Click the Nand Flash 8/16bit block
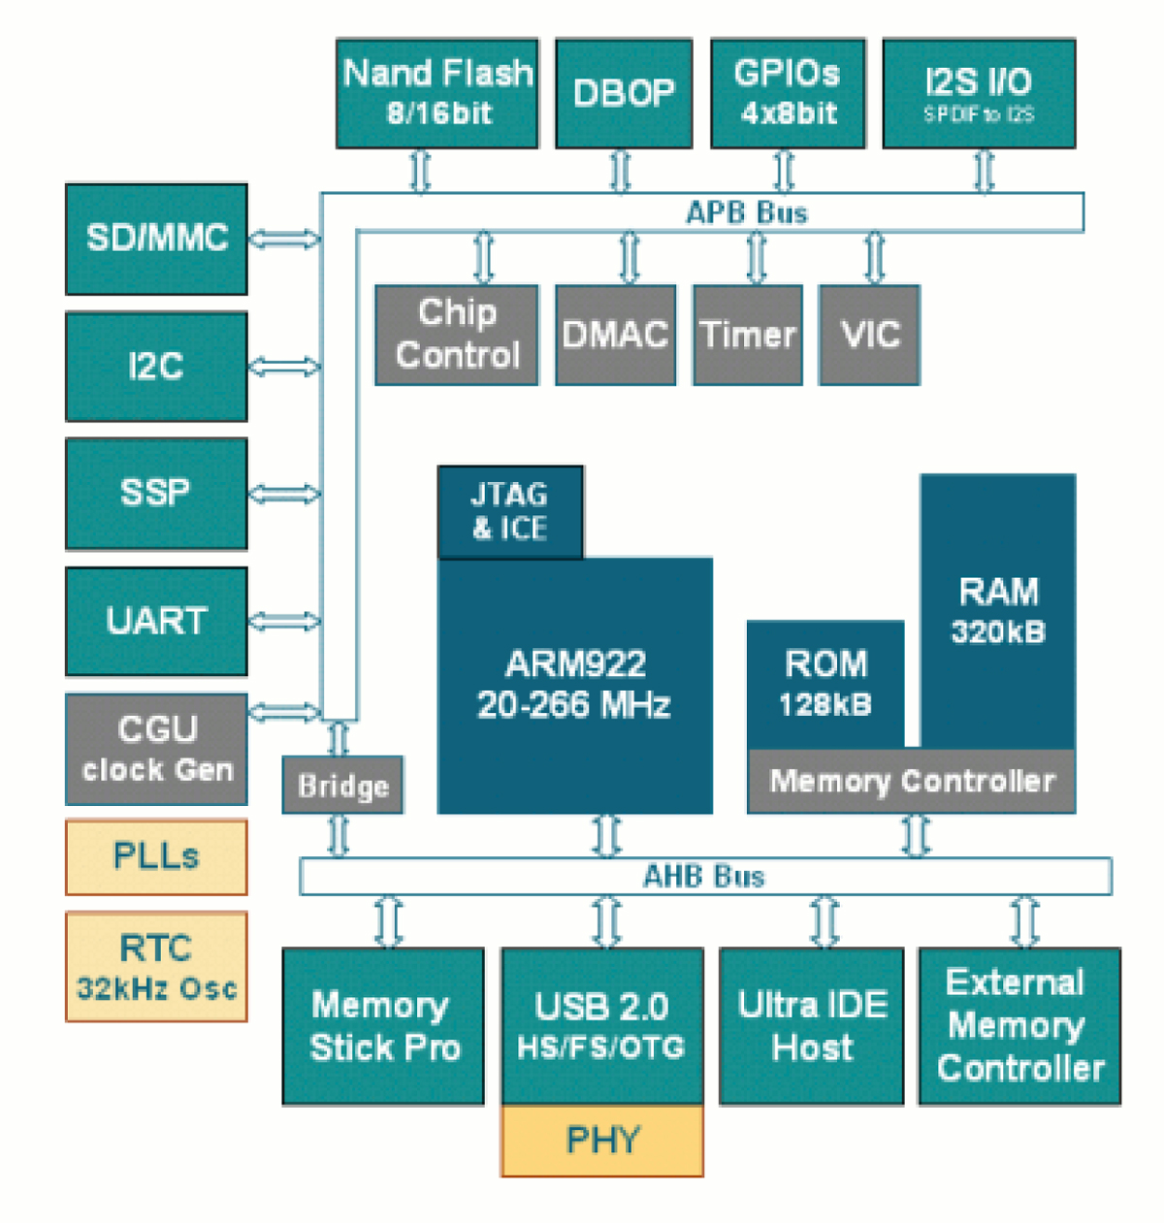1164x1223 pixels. [437, 93]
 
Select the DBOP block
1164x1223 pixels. [624, 93]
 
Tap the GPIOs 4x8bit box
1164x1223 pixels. [788, 93]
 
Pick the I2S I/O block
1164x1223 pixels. [979, 93]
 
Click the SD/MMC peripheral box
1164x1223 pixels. [156, 239]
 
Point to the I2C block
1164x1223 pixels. [156, 367]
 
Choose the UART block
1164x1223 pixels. [156, 622]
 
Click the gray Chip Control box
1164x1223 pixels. [457, 335]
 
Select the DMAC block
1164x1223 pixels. [615, 335]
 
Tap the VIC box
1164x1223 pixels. [869, 335]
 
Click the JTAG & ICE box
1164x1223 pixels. [510, 511]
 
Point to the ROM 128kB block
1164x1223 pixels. [825, 684]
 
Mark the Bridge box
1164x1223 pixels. [342, 785]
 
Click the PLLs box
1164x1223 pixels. [156, 856]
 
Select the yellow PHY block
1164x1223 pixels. [602, 1141]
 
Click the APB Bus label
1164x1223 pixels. [746, 212]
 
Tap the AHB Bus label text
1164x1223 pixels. [704, 877]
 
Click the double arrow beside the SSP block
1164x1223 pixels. [284, 494]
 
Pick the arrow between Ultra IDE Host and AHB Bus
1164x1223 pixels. [824, 921]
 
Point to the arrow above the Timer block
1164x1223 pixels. [756, 258]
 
